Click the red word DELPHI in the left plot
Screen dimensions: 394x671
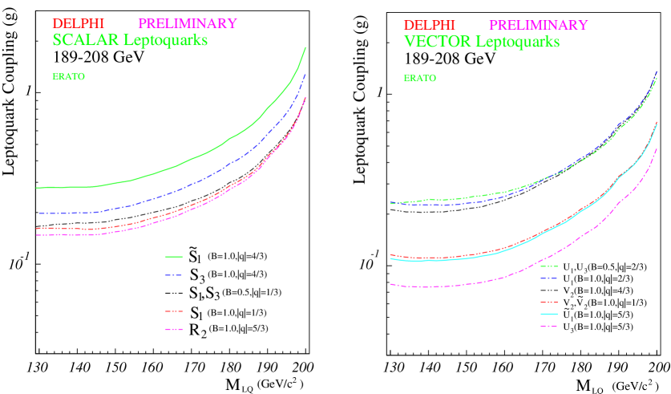click(79, 24)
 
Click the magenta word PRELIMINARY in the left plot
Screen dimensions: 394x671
click(188, 24)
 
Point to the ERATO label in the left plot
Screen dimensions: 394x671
click(68, 77)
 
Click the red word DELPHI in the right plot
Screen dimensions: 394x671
click(429, 26)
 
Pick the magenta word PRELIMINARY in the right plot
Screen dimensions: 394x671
click(538, 26)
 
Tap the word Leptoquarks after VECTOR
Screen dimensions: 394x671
click(517, 42)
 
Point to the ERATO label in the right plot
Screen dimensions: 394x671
click(419, 79)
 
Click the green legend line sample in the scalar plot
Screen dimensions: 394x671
click(174, 257)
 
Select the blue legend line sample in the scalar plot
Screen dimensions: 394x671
click(174, 275)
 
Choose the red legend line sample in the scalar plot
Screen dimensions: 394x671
click(174, 311)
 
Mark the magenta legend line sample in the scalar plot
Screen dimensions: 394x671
click(174, 329)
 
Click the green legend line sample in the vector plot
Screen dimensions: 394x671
click(548, 266)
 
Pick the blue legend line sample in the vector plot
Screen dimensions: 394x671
click(548, 278)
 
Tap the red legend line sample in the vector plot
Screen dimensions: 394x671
click(548, 302)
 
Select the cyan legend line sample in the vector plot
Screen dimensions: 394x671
click(548, 314)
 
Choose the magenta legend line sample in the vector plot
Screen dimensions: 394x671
click(548, 327)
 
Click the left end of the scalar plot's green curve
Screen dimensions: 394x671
click(37, 188)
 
